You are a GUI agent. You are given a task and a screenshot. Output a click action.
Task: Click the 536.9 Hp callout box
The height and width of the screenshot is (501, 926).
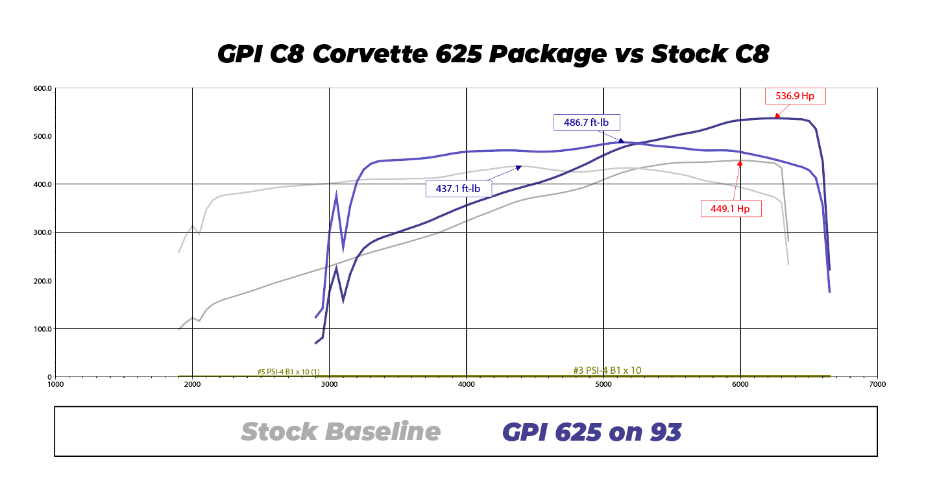[795, 96]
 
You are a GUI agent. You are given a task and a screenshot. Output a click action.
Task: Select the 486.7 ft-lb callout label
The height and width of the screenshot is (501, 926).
[586, 122]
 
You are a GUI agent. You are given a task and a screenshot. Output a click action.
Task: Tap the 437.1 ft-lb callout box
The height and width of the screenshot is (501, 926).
[458, 189]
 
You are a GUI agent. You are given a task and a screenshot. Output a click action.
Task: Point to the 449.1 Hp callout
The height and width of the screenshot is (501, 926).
[731, 209]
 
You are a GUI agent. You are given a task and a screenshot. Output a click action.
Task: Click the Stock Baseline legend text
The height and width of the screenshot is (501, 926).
[341, 432]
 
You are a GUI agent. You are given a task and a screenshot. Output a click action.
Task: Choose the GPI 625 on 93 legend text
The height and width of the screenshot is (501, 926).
[592, 432]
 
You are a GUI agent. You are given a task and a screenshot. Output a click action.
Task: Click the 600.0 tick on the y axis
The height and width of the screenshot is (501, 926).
[43, 88]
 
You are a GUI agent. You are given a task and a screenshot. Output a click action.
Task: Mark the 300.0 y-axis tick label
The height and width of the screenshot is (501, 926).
[43, 233]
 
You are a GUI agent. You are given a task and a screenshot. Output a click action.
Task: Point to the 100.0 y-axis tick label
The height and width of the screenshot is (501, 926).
[43, 329]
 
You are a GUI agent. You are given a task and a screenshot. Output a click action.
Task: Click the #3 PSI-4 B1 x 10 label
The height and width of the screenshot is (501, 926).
[607, 371]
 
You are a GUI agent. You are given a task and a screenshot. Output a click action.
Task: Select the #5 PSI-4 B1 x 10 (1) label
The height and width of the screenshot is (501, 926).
[288, 372]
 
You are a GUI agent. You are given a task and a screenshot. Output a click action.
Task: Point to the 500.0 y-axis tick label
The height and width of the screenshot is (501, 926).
[43, 137]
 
